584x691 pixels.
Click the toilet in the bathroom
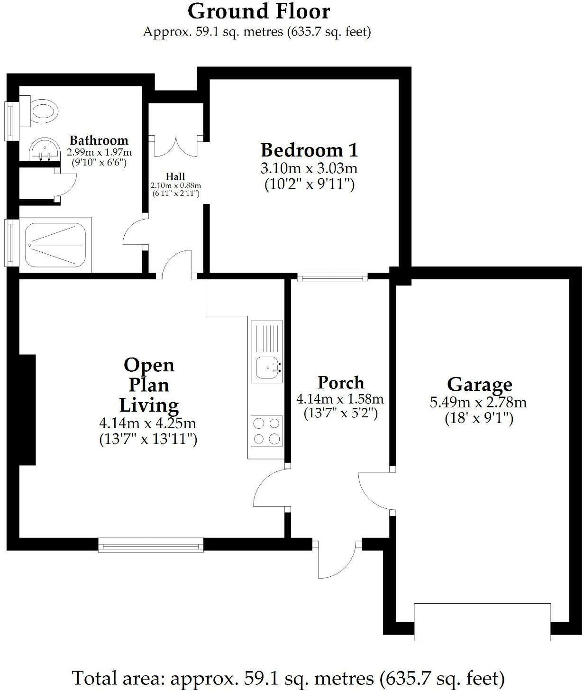(x=43, y=112)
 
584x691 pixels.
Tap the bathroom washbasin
(x=45, y=150)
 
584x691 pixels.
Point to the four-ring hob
(x=266, y=431)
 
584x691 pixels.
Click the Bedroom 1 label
(x=309, y=150)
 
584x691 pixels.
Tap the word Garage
(x=479, y=384)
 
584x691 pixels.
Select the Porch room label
(x=341, y=382)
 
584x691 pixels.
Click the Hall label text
(x=175, y=176)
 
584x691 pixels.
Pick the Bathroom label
(x=99, y=140)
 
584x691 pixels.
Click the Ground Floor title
(x=259, y=11)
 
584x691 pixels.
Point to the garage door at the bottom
(x=482, y=622)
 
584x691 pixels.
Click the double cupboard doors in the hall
(x=176, y=146)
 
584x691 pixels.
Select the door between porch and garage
(x=374, y=491)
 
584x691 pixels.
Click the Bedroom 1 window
(x=332, y=277)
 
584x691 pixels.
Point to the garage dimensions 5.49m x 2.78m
(x=478, y=403)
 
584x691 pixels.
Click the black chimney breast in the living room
(x=27, y=409)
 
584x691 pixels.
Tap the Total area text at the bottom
(x=288, y=678)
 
